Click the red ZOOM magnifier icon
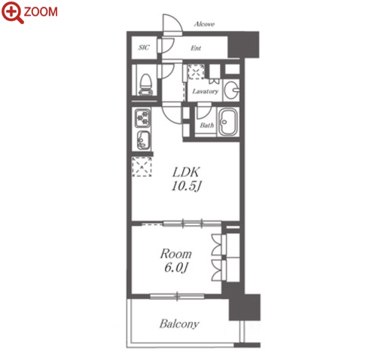click(12, 12)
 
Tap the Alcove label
click(204, 24)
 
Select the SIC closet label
click(144, 47)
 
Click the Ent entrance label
click(196, 47)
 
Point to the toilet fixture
click(146, 84)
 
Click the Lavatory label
click(206, 91)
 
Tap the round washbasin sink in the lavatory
click(231, 90)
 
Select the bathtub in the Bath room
click(227, 122)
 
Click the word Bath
click(207, 125)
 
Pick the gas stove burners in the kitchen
click(143, 117)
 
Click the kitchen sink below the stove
click(143, 140)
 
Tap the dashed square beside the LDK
click(142, 166)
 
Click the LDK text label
click(186, 172)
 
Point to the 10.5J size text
click(187, 186)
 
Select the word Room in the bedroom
click(176, 254)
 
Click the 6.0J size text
click(176, 267)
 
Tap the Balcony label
click(179, 324)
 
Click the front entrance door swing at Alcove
click(172, 23)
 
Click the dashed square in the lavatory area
click(197, 72)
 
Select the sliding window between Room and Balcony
click(177, 296)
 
